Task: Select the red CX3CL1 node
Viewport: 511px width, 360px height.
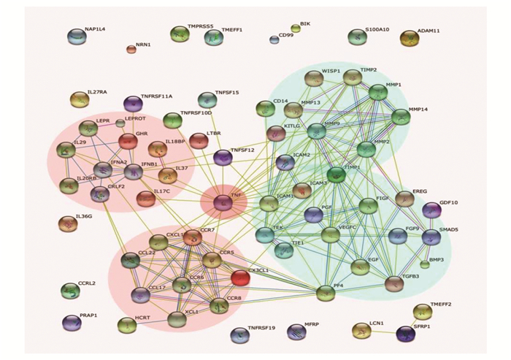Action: click(x=240, y=277)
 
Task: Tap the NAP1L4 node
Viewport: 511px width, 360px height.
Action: click(x=76, y=36)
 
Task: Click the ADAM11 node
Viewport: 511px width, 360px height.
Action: click(x=410, y=38)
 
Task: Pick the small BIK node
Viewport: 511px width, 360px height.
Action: click(x=296, y=28)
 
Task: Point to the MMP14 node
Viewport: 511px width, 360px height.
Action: click(x=401, y=116)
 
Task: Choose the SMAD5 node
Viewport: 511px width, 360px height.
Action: click(x=431, y=237)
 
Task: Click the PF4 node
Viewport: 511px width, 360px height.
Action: click(x=326, y=293)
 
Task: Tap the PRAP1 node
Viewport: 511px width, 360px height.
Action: click(x=71, y=323)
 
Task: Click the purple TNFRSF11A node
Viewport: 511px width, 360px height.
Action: click(x=132, y=104)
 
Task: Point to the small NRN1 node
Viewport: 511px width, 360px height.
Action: click(x=131, y=49)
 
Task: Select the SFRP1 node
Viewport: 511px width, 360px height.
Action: click(x=405, y=334)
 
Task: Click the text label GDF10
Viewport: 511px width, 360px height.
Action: click(x=450, y=202)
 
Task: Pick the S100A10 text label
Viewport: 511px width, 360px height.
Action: click(x=379, y=29)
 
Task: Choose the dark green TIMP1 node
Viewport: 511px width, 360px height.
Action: click(x=336, y=175)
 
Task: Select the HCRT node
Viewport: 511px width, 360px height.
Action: click(x=126, y=325)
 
